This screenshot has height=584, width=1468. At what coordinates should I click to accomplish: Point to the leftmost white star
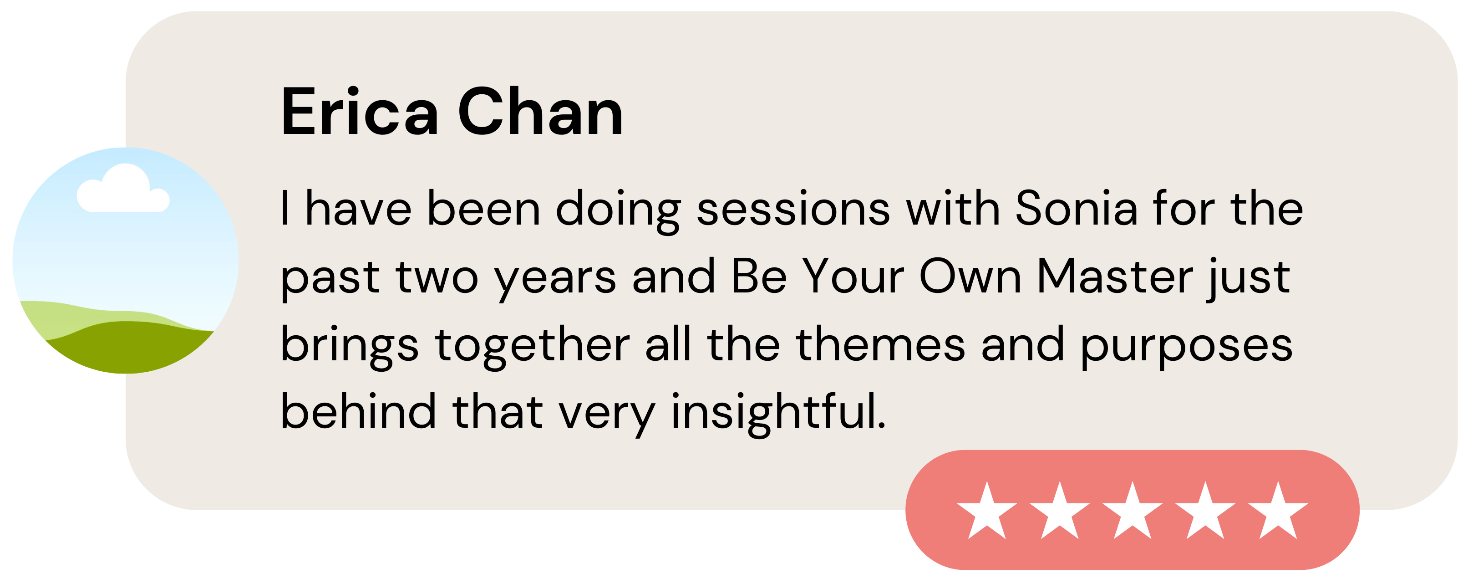[987, 511]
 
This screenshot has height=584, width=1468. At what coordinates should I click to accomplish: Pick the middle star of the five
[1133, 511]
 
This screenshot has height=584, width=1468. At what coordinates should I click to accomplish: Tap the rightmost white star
[1278, 511]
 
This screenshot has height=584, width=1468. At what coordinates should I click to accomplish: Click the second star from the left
[1059, 511]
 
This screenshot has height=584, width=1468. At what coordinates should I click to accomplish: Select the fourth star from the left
[1205, 511]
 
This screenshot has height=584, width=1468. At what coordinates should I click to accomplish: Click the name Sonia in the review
[1077, 208]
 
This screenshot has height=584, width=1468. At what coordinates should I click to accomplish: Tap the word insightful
[778, 412]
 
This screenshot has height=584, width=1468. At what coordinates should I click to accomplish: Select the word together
[532, 345]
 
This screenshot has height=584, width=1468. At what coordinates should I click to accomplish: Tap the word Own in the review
[970, 277]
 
